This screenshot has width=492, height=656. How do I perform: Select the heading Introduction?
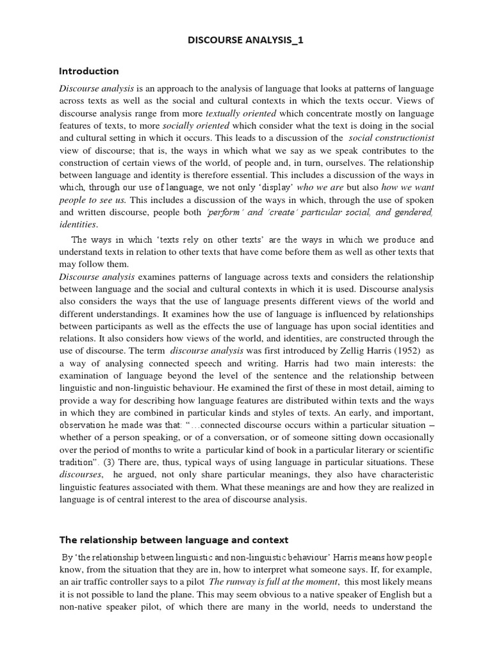pyautogui.click(x=89, y=71)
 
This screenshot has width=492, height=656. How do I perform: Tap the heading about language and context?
pyautogui.click(x=174, y=539)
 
